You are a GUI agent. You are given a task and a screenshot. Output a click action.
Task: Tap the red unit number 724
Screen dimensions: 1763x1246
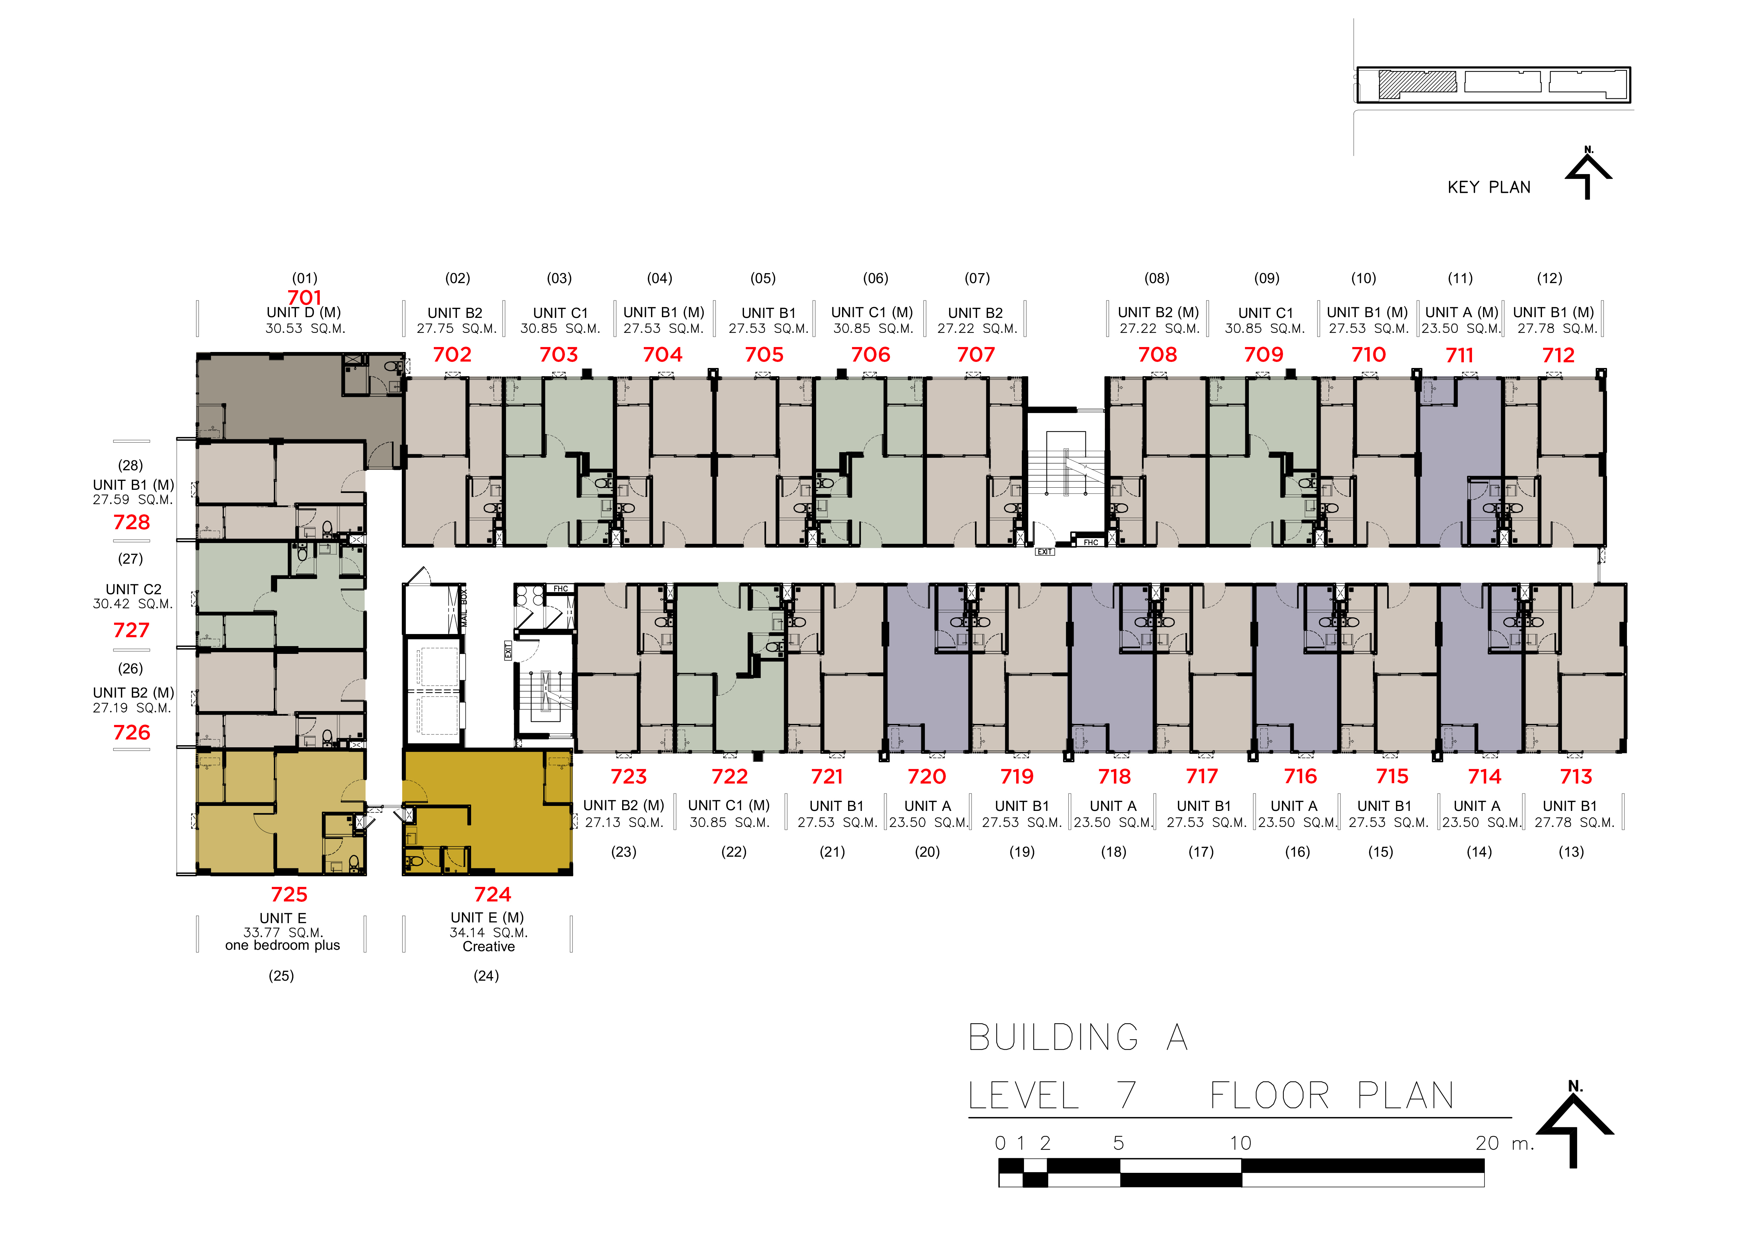coord(492,894)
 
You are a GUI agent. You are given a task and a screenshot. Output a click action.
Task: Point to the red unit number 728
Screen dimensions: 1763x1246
coord(131,522)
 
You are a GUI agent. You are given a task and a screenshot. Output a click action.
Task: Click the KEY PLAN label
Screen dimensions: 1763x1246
coord(1489,187)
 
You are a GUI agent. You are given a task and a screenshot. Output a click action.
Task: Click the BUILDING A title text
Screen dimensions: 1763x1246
coord(1078,1037)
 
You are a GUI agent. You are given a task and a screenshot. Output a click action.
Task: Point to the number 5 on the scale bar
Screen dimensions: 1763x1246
coord(1119,1143)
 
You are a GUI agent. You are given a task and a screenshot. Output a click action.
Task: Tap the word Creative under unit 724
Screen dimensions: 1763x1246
coord(488,947)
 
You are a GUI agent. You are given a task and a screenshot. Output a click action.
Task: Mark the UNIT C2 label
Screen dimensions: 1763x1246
coord(134,589)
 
